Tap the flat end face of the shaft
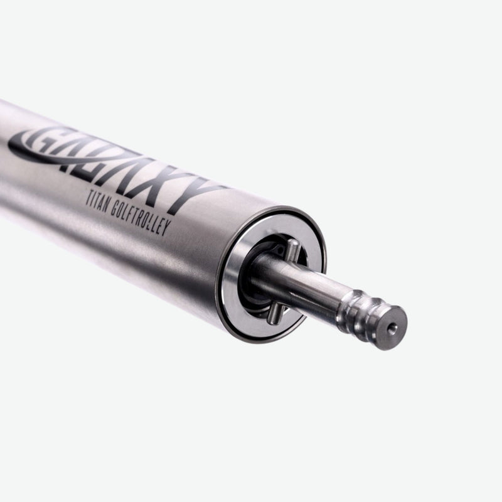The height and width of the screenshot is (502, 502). click(x=394, y=328)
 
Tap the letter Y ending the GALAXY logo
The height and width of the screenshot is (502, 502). click(x=198, y=193)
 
